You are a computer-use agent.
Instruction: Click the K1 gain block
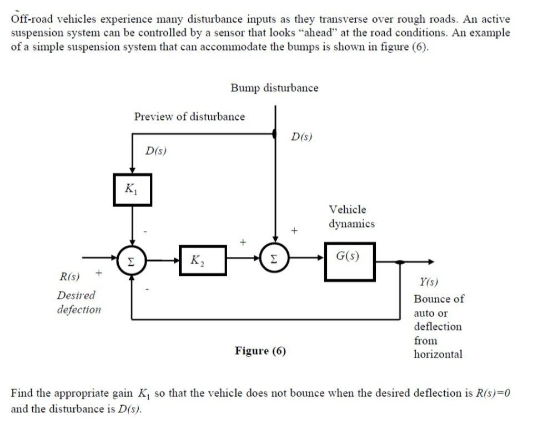click(x=132, y=190)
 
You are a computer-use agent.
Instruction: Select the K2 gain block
click(x=202, y=260)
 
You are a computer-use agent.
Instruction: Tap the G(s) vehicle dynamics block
click(x=349, y=261)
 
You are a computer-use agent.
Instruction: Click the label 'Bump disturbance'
click(x=274, y=88)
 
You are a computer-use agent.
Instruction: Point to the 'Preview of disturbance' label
click(x=189, y=117)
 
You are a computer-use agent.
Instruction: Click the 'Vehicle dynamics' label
click(x=351, y=216)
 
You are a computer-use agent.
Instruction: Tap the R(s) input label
click(x=69, y=276)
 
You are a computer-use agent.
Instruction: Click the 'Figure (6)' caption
click(x=260, y=351)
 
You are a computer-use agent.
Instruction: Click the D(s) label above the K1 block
click(x=156, y=150)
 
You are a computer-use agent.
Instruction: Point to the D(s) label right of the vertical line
click(x=301, y=135)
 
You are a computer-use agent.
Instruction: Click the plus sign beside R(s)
click(x=99, y=272)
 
